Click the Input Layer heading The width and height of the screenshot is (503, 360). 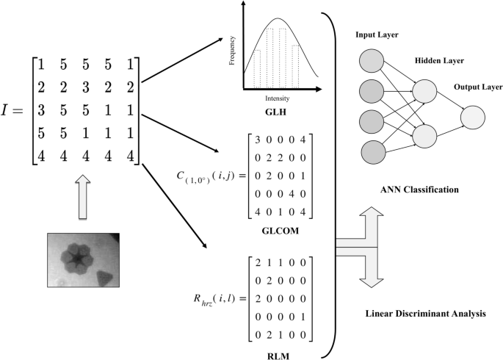(x=379, y=35)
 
